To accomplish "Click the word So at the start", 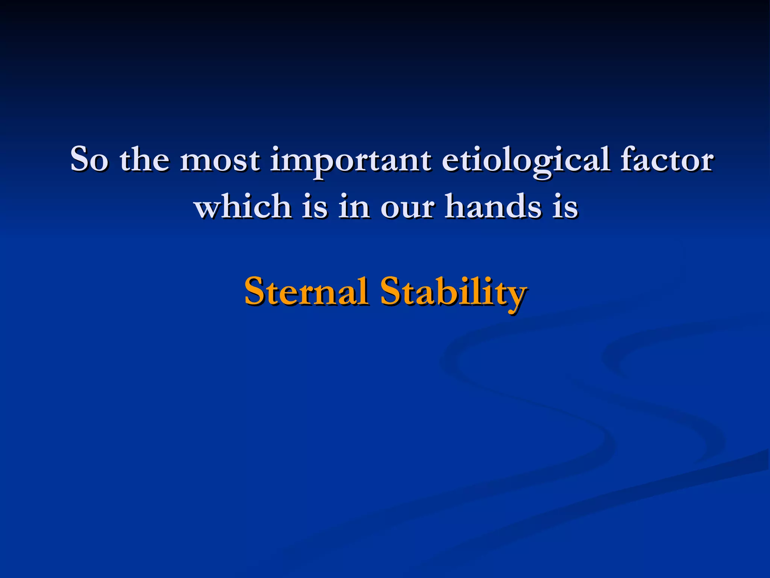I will point(89,160).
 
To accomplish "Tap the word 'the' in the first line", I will point(144,160).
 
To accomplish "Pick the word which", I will point(243,206).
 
